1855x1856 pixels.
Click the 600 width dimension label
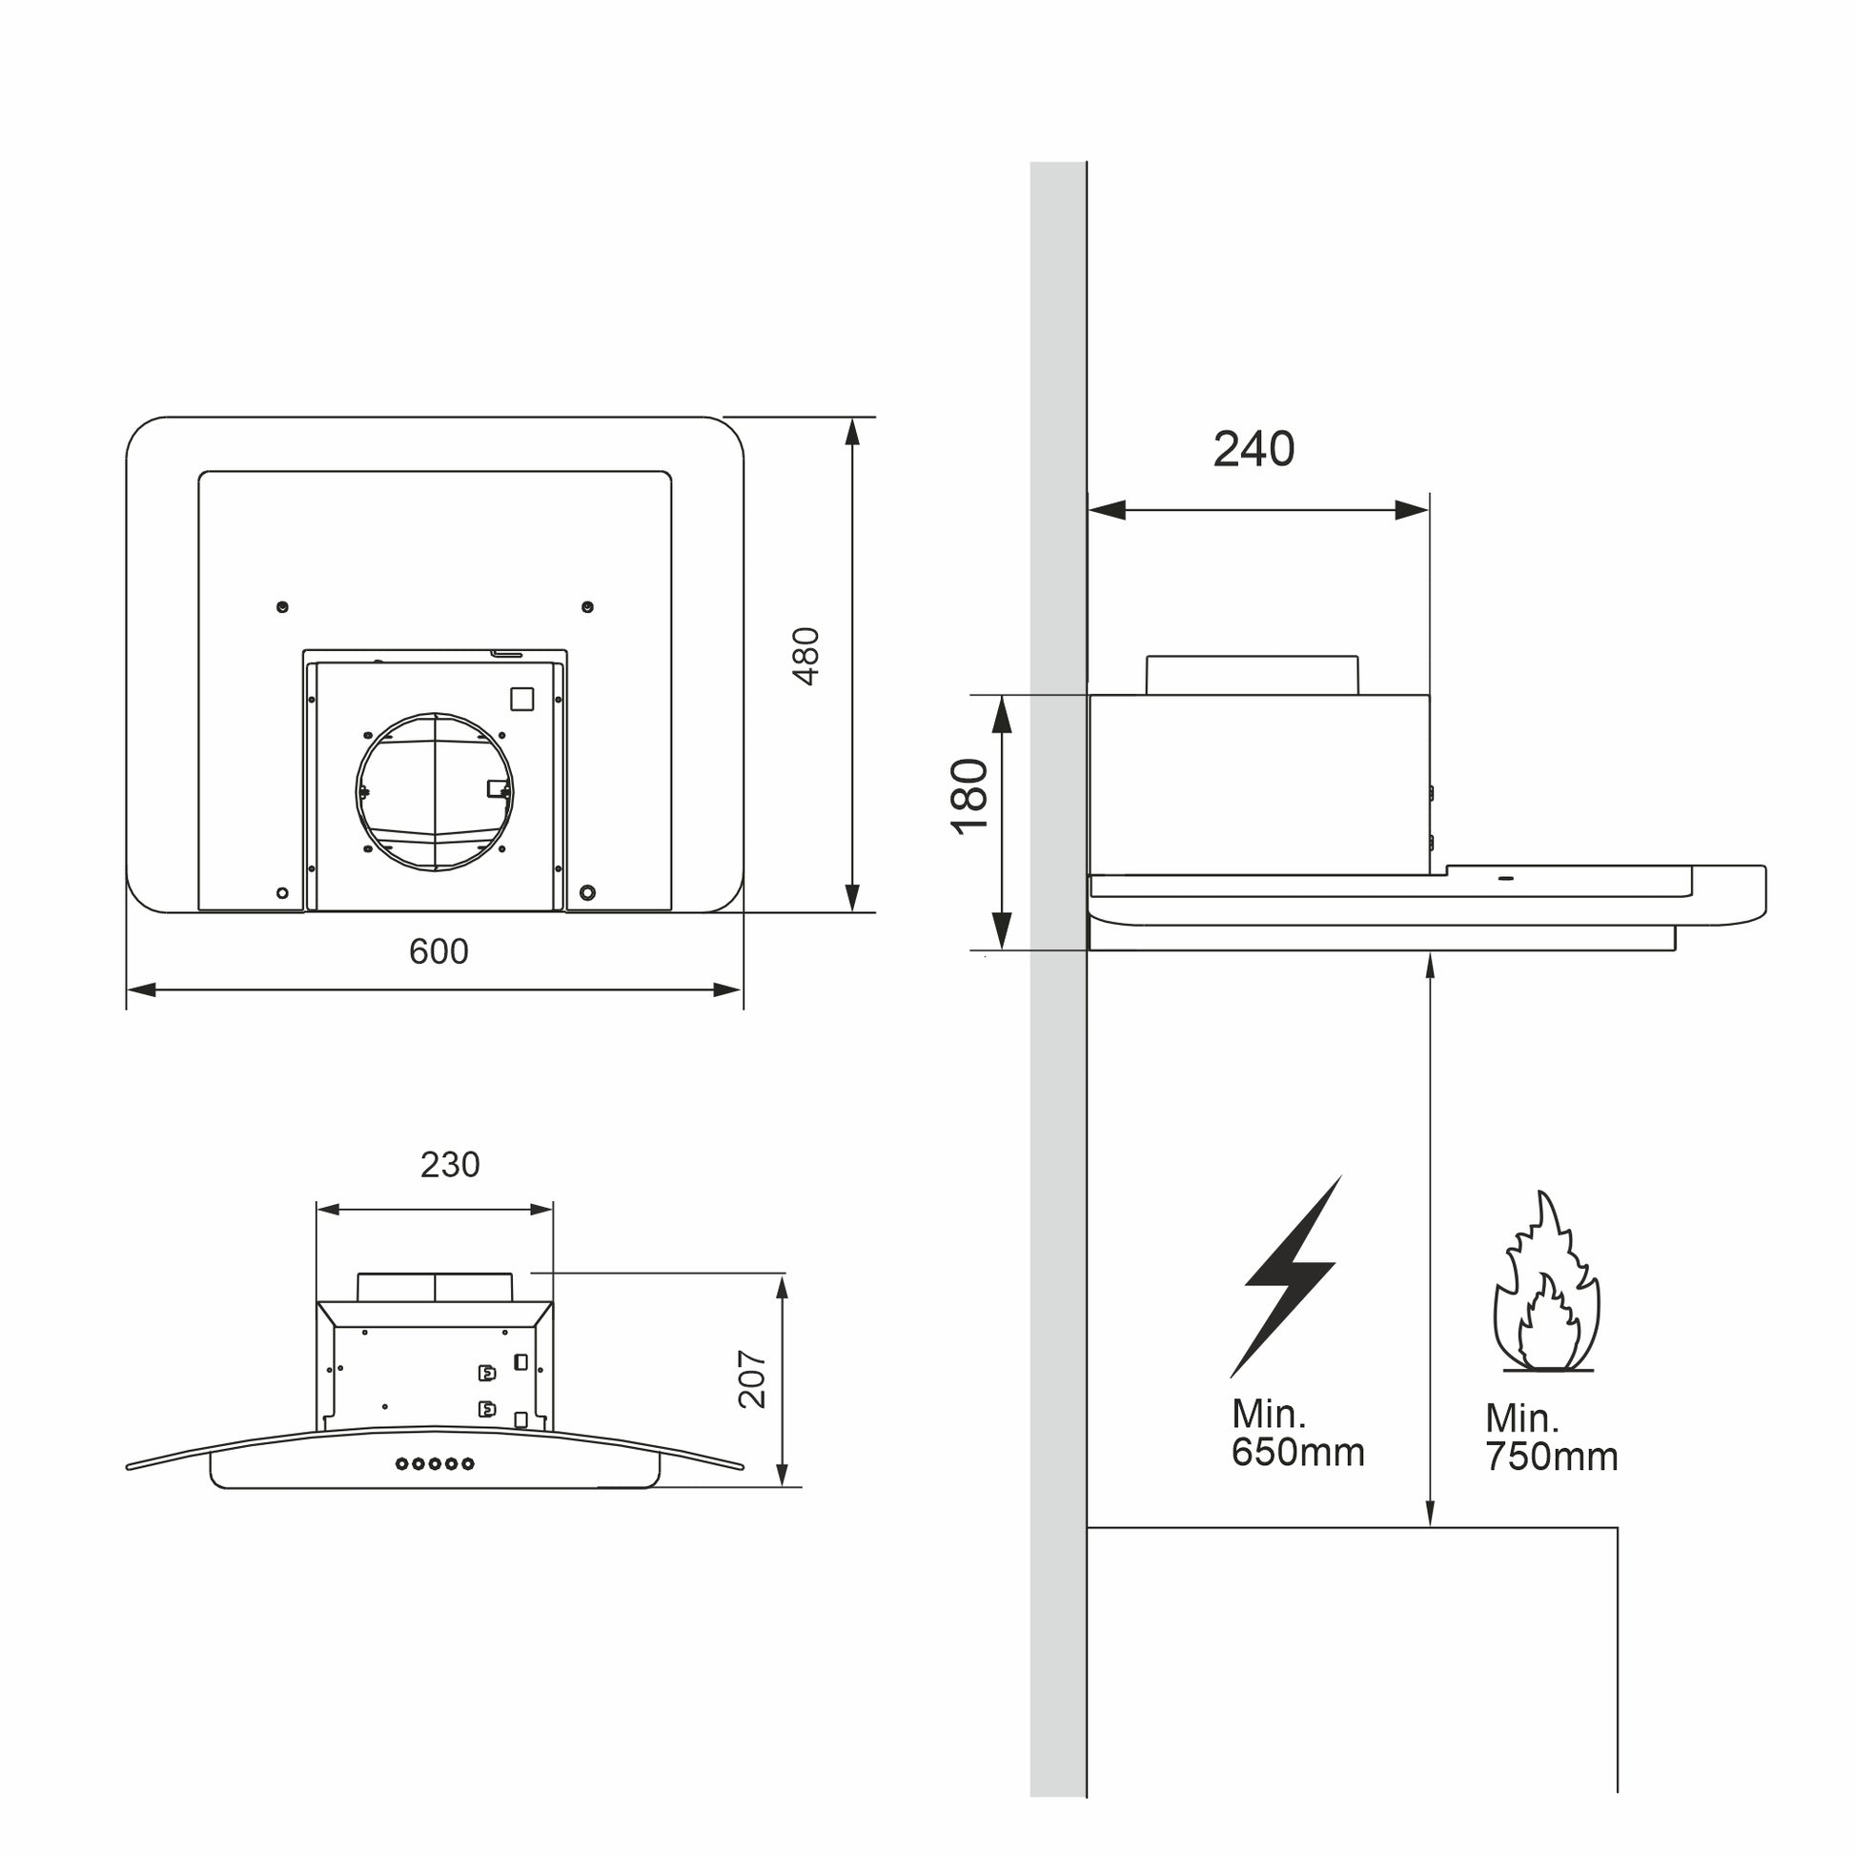coord(438,951)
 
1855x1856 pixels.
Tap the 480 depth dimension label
coord(806,656)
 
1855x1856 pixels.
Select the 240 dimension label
coord(1254,449)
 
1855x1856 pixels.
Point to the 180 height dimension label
coord(969,797)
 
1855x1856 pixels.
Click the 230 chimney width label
coord(450,1164)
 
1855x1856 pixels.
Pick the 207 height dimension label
coord(752,1378)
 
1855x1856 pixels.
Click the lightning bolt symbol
coord(1285,1275)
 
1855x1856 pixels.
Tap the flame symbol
coord(1545,1281)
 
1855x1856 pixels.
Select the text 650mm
coord(1297,1453)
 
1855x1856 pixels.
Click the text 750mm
coord(1552,1458)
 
